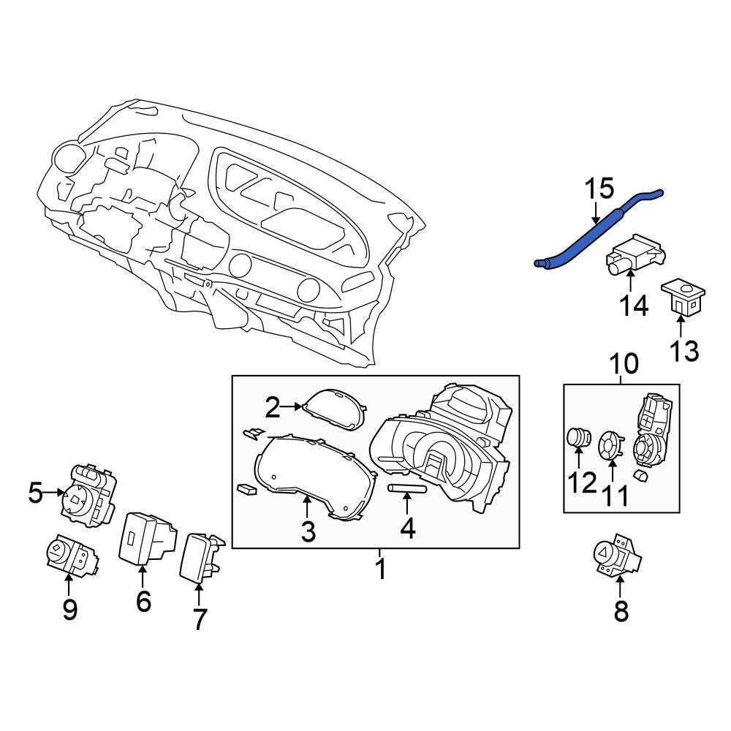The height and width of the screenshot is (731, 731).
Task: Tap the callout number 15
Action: (x=599, y=191)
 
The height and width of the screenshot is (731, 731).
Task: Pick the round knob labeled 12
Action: (x=578, y=438)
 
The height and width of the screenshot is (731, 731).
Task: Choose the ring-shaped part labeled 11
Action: (x=609, y=445)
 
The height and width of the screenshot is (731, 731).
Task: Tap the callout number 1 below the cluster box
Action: (x=380, y=568)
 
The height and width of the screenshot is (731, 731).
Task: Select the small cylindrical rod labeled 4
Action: (x=406, y=488)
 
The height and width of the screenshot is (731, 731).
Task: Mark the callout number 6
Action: (x=143, y=601)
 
